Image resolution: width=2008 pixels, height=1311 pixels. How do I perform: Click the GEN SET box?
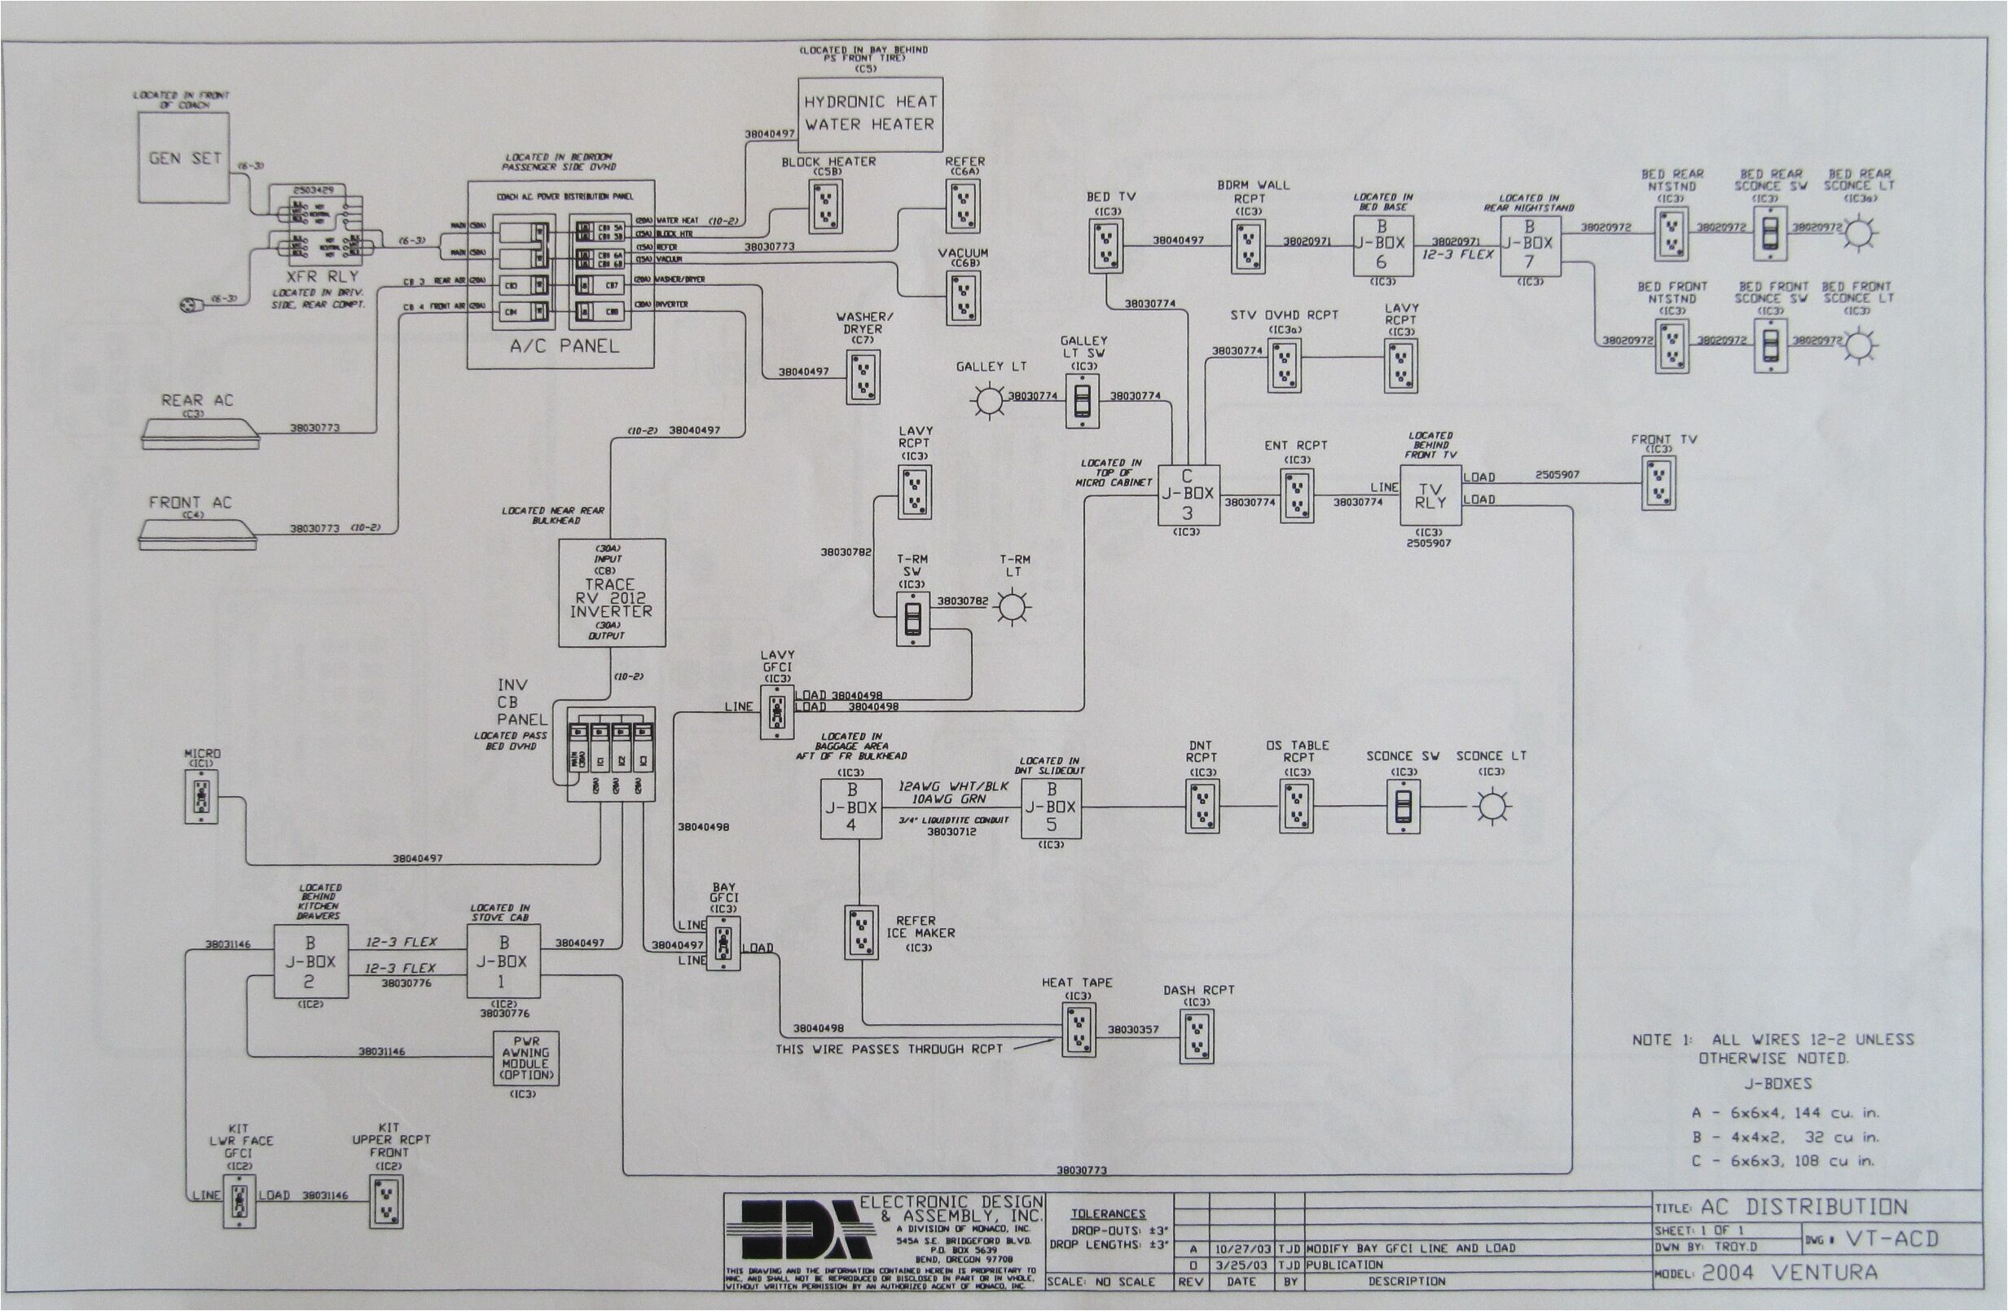185,158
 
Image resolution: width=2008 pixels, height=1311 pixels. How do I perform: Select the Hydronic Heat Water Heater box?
869,114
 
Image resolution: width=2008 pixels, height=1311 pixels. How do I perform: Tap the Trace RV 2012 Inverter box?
611,593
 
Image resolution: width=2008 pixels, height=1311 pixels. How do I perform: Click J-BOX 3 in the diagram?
1187,495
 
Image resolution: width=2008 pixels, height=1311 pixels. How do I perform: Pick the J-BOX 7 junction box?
1529,245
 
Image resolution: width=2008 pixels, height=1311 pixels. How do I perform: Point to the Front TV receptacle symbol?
1658,483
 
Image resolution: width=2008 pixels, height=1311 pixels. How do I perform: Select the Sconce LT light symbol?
1490,807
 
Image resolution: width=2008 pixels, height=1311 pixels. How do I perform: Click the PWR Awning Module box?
525,1058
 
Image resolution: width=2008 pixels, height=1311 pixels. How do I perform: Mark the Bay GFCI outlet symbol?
723,944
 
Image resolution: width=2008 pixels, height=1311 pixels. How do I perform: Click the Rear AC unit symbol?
199,433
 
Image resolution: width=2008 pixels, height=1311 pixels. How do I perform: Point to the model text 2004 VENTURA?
1789,1273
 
